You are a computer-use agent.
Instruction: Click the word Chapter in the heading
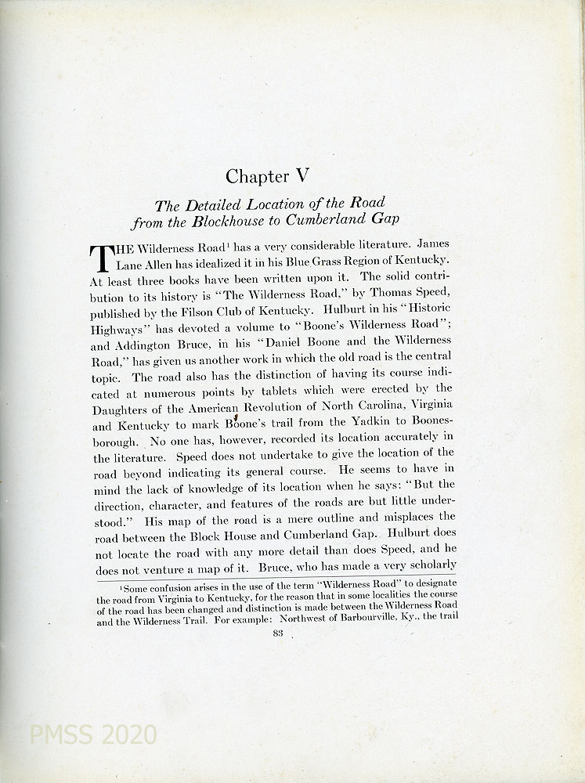coord(258,176)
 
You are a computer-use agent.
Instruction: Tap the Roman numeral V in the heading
coord(302,175)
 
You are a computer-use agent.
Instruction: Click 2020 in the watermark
coord(129,734)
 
